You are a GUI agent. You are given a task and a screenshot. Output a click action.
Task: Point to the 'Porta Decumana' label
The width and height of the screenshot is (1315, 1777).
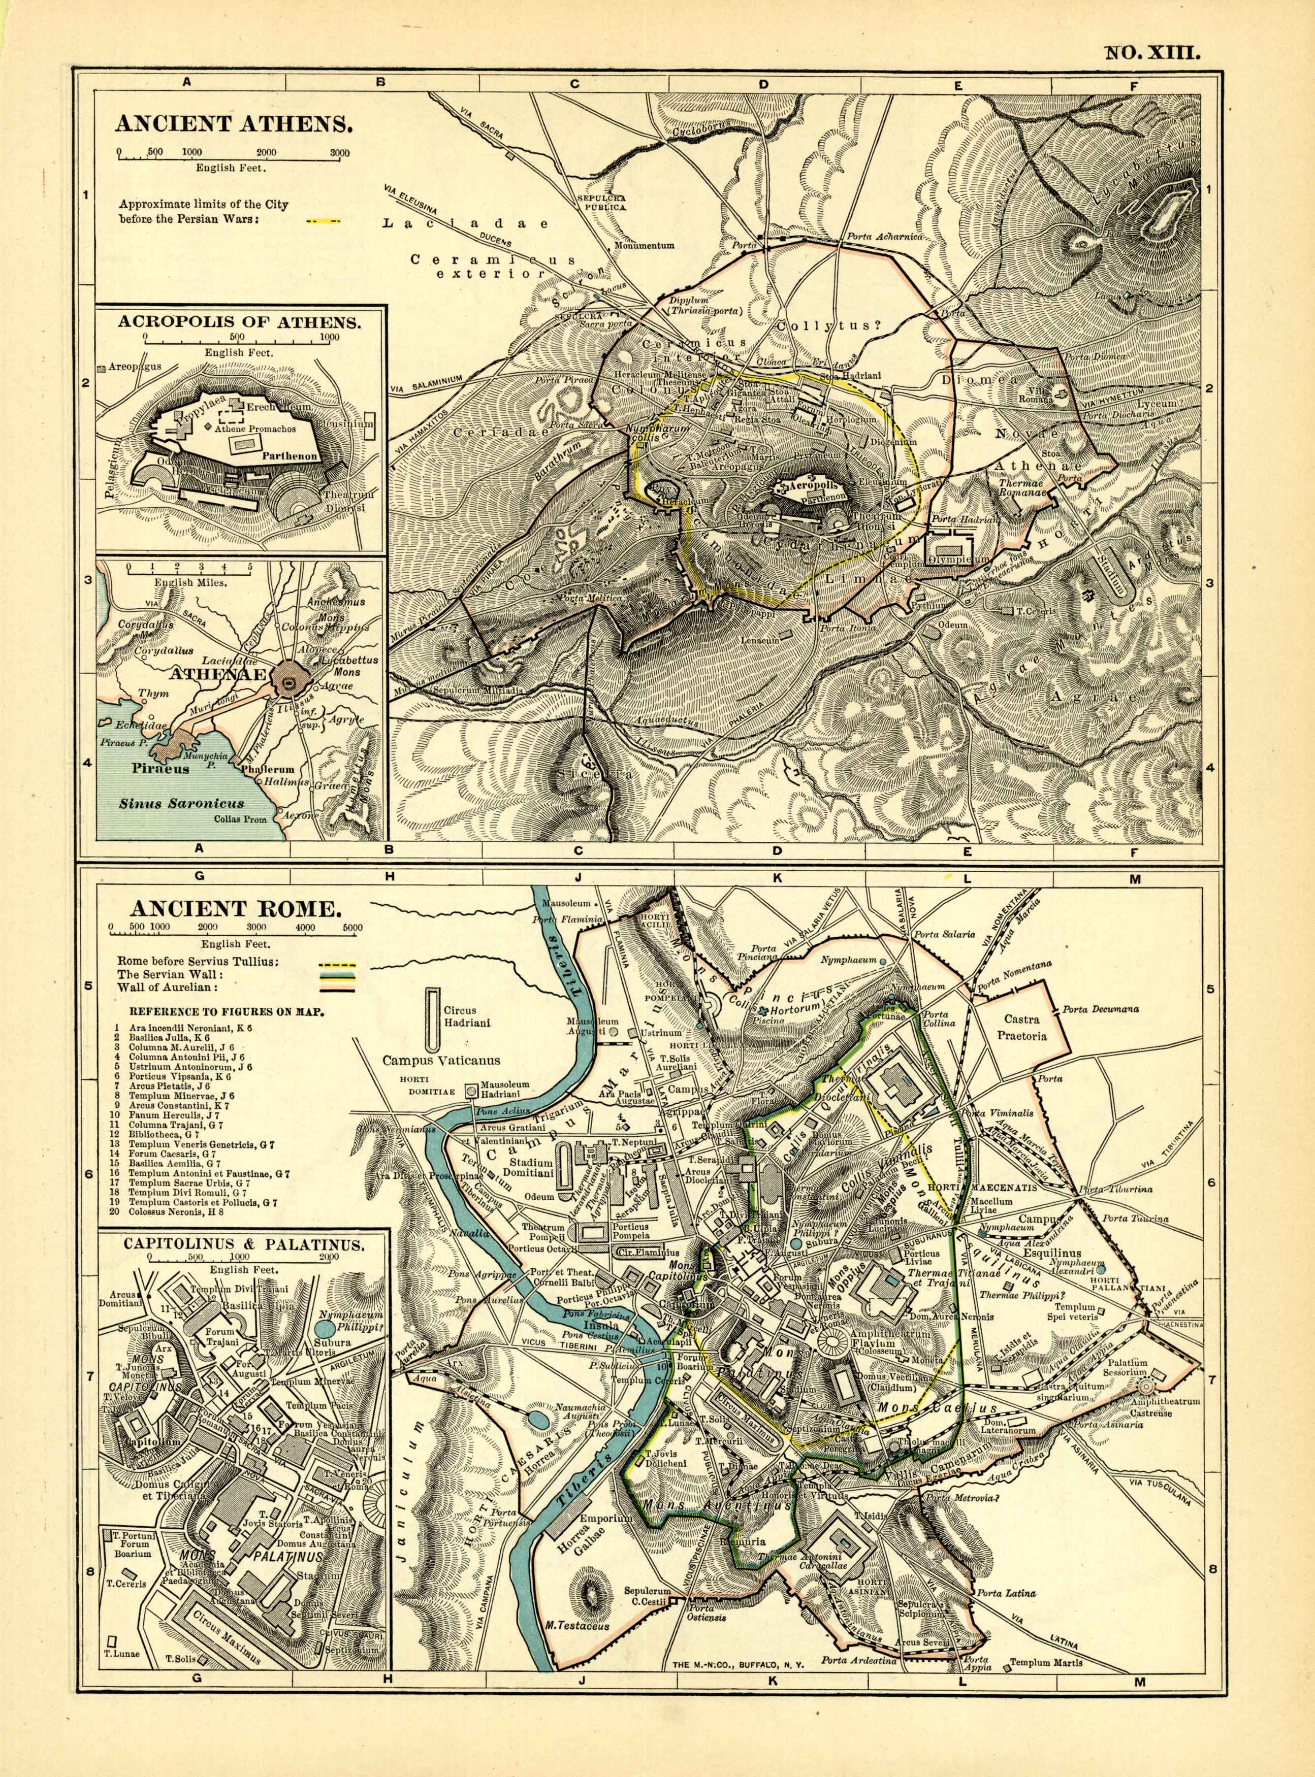pyautogui.click(x=1103, y=1009)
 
